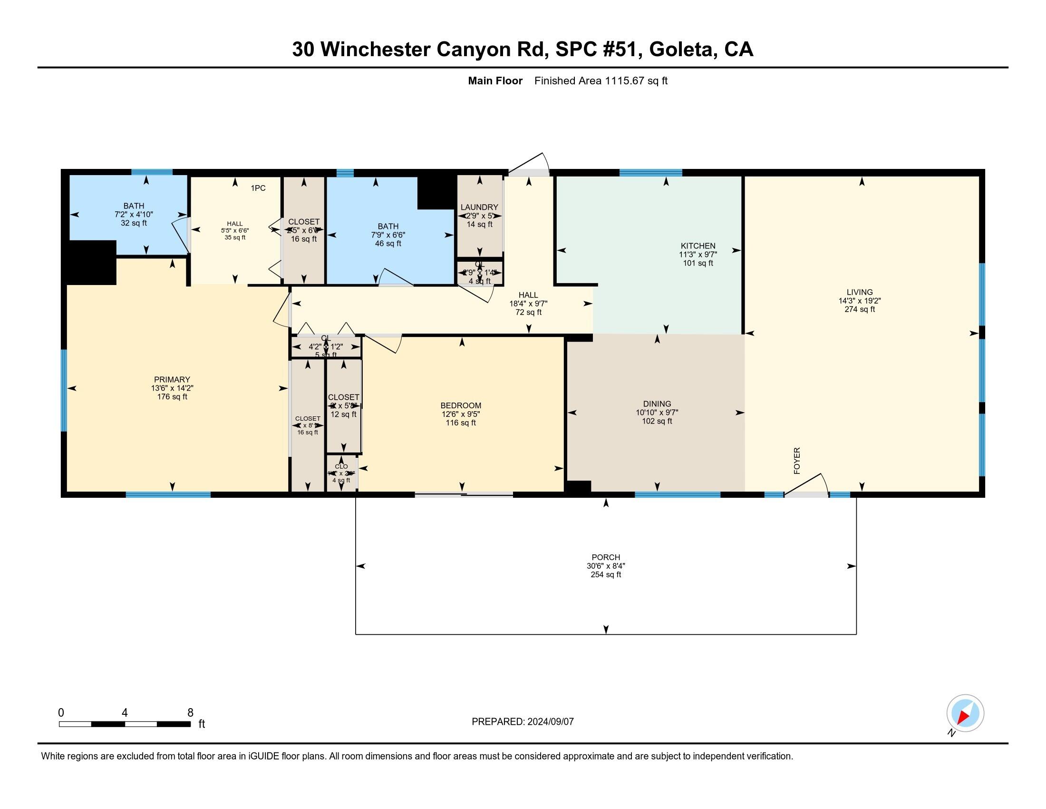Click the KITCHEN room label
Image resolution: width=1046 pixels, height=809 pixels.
click(x=698, y=246)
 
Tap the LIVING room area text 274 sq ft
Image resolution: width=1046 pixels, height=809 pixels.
click(x=859, y=310)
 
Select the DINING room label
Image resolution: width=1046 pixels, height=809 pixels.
click(x=657, y=404)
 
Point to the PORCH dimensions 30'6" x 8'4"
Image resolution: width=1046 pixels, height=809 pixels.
click(x=605, y=565)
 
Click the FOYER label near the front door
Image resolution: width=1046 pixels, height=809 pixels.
click(x=796, y=461)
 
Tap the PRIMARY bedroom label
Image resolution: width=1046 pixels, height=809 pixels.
click(x=172, y=379)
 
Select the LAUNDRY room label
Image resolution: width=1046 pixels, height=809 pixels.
click(x=479, y=207)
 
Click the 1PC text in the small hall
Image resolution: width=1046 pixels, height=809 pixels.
click(x=258, y=188)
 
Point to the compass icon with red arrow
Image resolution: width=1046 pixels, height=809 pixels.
click(x=965, y=713)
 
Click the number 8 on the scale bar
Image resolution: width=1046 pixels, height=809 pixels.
click(x=190, y=712)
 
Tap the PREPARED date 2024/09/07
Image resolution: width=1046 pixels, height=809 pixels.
click(x=549, y=721)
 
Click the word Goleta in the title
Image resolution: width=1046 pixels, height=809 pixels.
click(x=682, y=49)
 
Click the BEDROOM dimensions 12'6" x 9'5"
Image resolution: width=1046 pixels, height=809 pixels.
click(x=460, y=414)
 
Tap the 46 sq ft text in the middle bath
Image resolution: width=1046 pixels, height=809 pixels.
click(x=388, y=244)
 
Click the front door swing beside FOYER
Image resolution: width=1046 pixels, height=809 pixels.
click(x=807, y=484)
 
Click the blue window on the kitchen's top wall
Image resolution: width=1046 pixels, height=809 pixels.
click(x=650, y=173)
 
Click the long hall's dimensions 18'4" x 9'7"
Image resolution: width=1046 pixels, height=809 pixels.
click(x=528, y=304)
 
